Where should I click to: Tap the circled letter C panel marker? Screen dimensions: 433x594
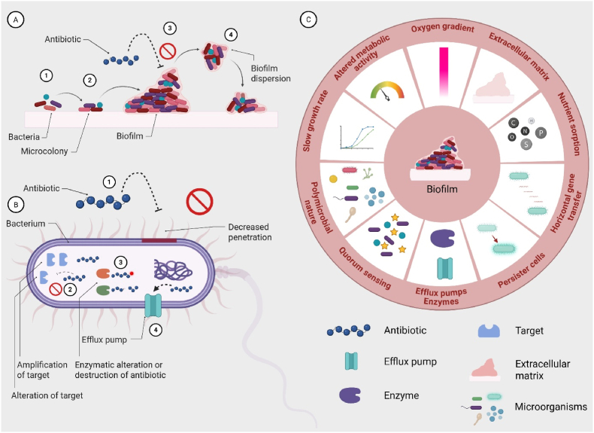tap(305, 21)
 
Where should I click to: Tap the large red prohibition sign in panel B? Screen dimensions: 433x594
tap(201, 202)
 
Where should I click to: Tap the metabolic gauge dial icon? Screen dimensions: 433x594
tap(386, 94)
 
